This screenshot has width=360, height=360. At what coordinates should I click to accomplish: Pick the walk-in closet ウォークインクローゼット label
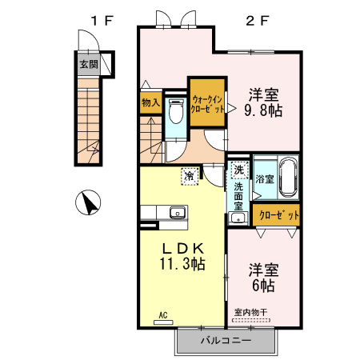[x=208, y=105]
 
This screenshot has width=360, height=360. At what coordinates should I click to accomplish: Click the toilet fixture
[x=175, y=113]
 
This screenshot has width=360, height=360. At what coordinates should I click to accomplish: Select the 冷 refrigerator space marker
[x=190, y=174]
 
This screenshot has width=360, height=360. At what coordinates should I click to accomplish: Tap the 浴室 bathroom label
[x=265, y=179]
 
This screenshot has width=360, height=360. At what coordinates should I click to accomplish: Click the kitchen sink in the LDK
[x=176, y=213]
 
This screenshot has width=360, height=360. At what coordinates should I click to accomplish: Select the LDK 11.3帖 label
[x=183, y=255]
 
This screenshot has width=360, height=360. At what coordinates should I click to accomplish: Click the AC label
[x=162, y=315]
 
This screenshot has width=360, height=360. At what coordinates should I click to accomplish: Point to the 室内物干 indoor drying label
[x=250, y=313]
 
